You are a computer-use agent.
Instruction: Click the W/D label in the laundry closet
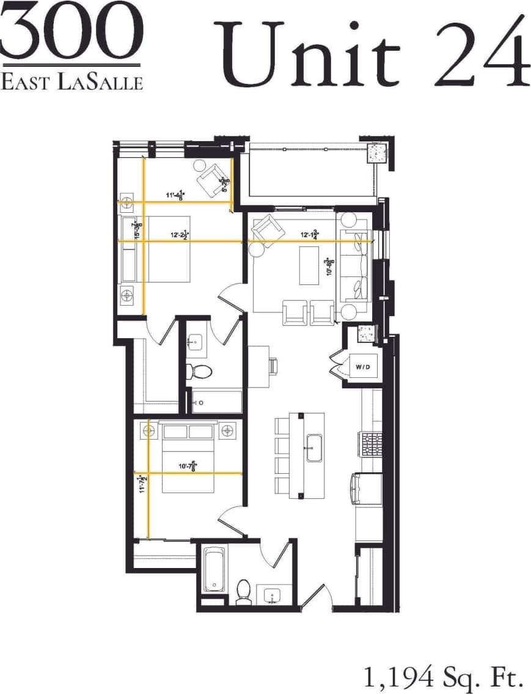[362, 367]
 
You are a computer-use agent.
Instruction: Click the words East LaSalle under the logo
[71, 81]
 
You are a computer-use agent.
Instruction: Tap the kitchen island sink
[314, 448]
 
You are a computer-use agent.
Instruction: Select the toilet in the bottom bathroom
[243, 591]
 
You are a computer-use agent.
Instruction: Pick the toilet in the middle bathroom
[199, 371]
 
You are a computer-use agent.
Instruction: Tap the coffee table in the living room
[312, 265]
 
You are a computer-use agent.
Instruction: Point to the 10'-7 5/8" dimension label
[188, 468]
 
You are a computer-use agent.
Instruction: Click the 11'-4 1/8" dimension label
[176, 196]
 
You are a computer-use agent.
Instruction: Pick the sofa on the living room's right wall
[356, 267]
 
